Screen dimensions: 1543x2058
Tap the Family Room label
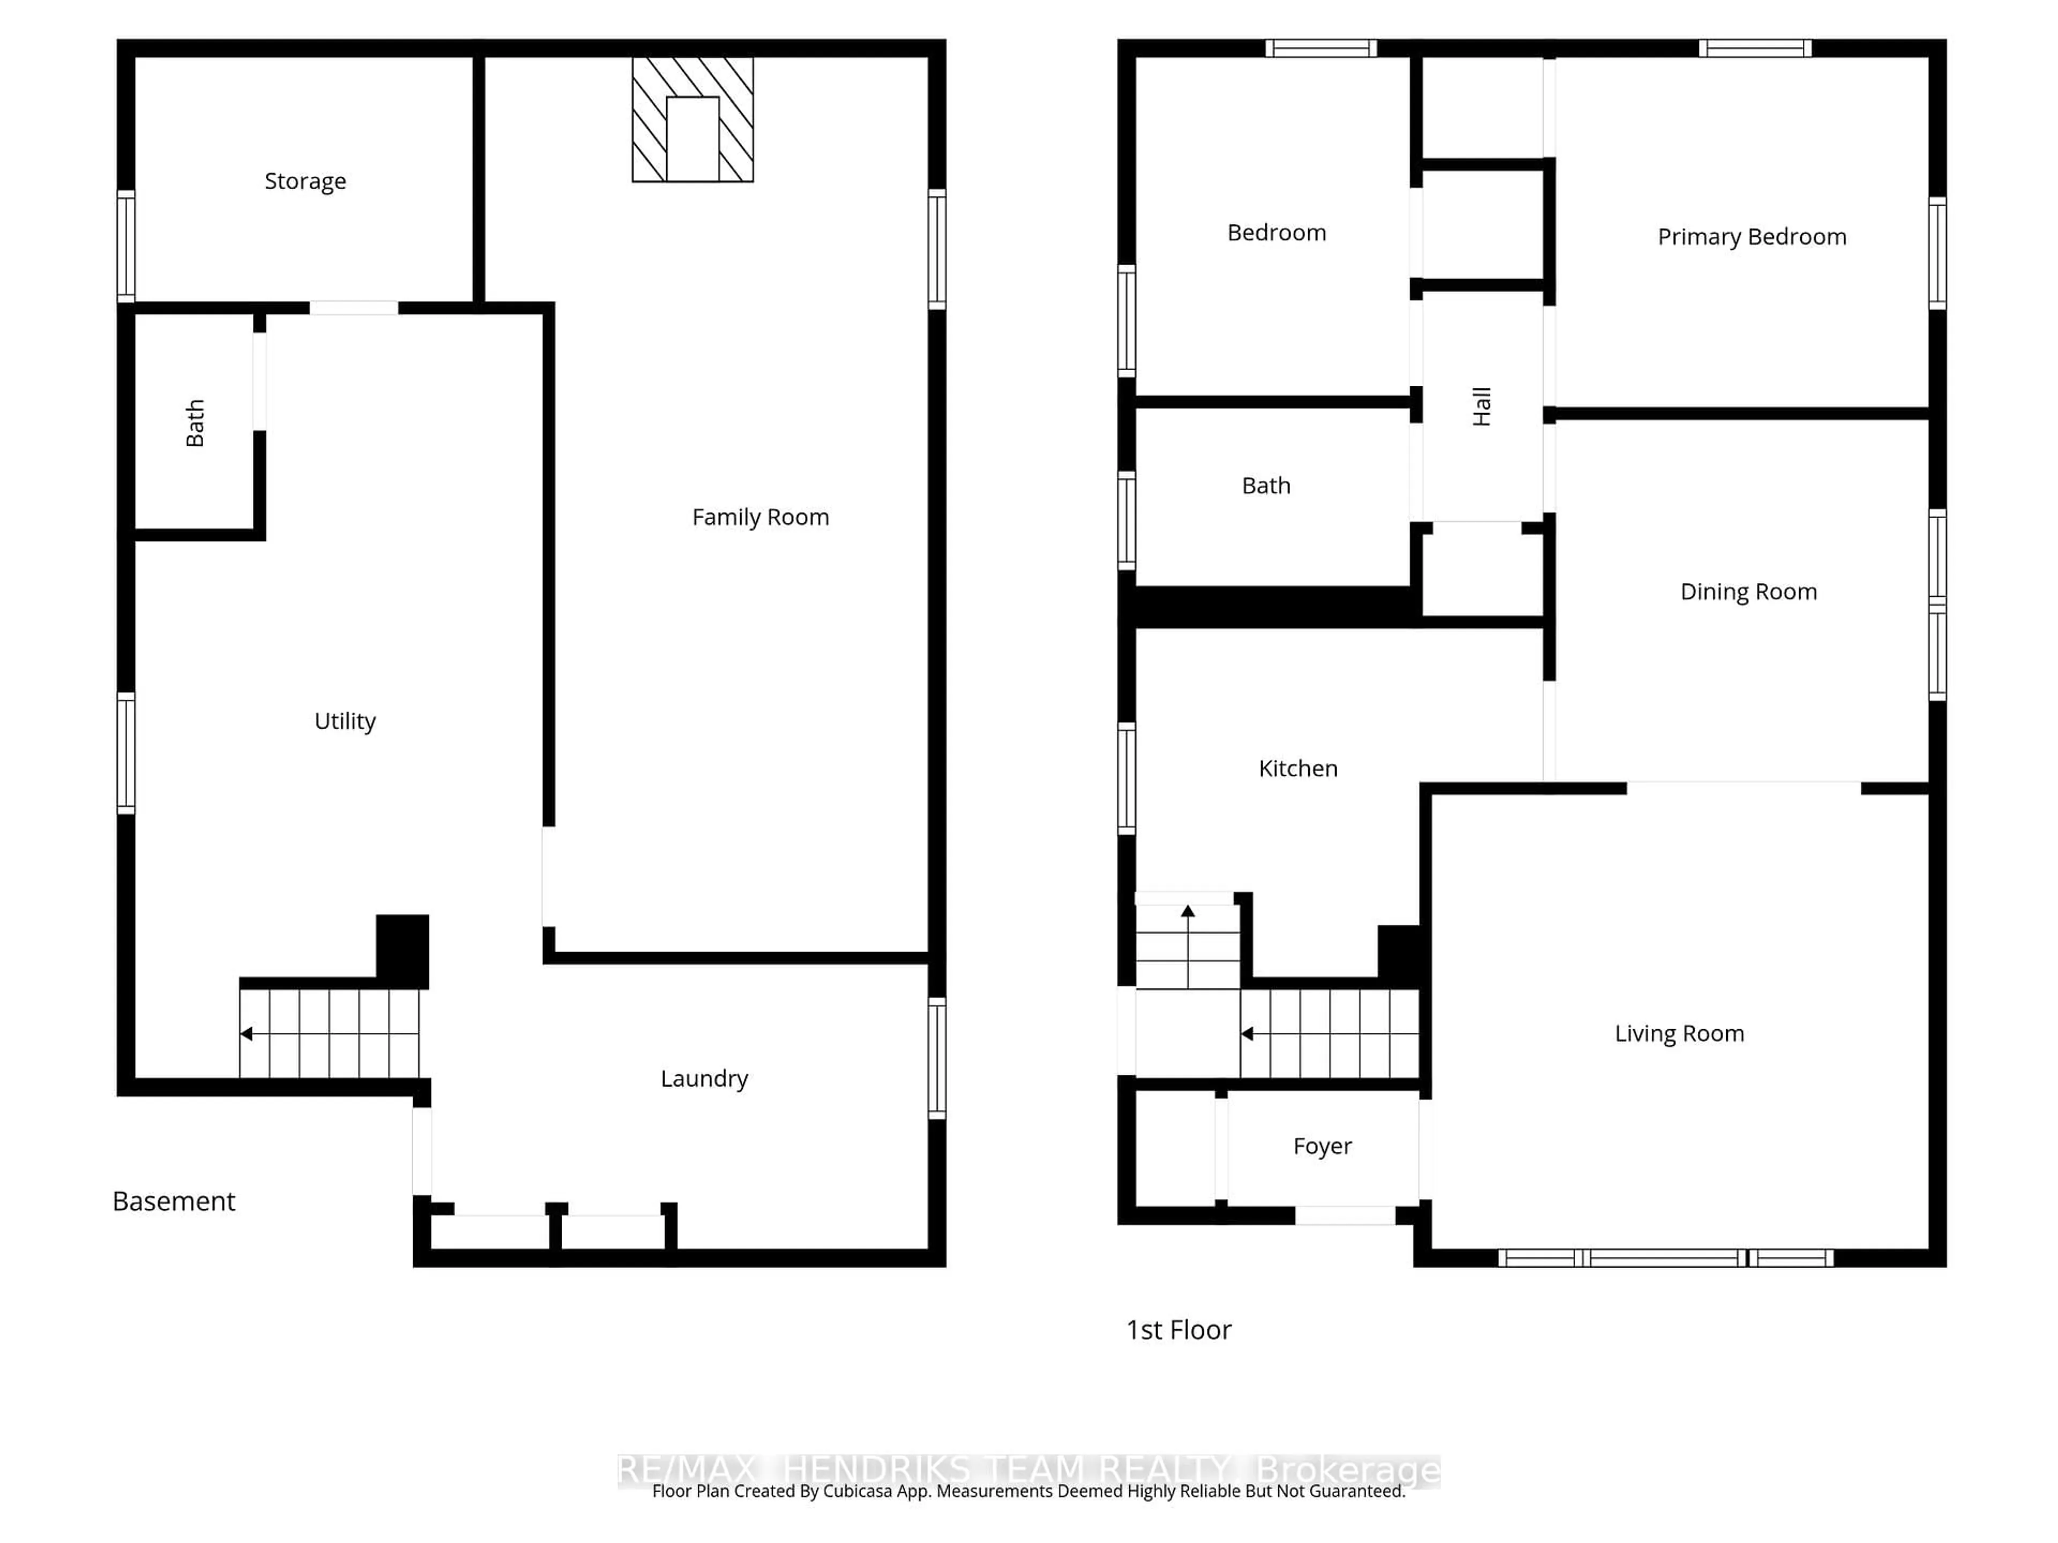[x=760, y=517]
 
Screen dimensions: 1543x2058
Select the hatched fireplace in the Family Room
[x=692, y=119]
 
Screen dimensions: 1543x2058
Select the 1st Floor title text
[x=1178, y=1329]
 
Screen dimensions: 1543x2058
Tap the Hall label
[x=1482, y=407]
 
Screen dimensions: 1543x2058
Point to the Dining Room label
[x=1748, y=591]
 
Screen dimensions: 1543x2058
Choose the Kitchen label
[x=1298, y=768]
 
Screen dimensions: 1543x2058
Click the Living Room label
[x=1679, y=1033]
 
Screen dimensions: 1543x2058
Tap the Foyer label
[x=1322, y=1146]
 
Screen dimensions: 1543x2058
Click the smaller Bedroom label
[x=1277, y=233]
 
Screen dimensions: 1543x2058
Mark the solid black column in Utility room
[x=402, y=949]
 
